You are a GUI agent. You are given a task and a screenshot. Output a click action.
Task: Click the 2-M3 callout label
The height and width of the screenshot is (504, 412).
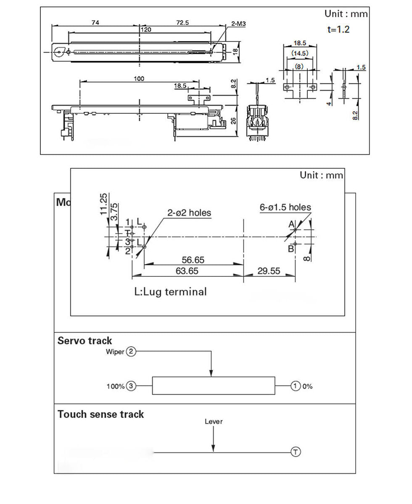coord(238,24)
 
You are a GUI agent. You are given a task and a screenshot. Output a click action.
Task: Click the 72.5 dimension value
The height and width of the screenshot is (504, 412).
coord(182,23)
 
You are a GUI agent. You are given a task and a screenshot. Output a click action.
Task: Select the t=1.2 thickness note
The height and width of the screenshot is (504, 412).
coord(338,29)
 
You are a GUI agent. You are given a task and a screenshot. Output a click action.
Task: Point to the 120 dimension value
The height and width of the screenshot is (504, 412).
coord(146,30)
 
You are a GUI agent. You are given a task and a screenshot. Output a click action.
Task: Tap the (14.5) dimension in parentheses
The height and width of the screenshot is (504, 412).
coord(300,53)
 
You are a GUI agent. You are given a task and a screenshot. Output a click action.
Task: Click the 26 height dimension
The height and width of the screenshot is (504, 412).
coord(233,121)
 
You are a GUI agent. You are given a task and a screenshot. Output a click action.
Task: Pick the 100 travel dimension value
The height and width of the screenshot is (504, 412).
coord(139,79)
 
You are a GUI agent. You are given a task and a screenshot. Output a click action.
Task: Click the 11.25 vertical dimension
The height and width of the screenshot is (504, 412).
coord(103,204)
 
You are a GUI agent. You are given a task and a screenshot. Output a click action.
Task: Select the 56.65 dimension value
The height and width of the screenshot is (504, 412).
coord(193,260)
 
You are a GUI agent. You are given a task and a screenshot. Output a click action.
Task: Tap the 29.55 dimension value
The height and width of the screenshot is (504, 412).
coord(269,271)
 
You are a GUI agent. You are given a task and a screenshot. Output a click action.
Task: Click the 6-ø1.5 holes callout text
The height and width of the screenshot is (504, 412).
coord(285,207)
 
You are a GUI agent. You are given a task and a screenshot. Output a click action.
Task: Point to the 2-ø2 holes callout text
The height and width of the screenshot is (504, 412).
coord(189,213)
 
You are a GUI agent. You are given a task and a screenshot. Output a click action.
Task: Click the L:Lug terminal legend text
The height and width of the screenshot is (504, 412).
coord(170,292)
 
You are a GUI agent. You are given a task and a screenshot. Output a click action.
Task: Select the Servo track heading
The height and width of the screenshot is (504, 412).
coord(85,341)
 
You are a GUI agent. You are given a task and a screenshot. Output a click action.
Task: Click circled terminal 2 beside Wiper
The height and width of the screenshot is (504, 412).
coord(131,351)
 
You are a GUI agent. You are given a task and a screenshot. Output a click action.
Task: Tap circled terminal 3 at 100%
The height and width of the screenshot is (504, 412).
coord(131,386)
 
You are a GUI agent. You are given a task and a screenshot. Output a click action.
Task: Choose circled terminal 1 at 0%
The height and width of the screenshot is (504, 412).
coord(296,386)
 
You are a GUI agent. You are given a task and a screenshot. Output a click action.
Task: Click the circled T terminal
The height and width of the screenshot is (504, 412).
coord(296,452)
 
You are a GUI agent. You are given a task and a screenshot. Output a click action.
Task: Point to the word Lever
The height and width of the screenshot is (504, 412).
coord(214,422)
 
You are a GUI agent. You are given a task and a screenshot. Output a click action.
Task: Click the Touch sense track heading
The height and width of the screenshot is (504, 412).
coord(101,415)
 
